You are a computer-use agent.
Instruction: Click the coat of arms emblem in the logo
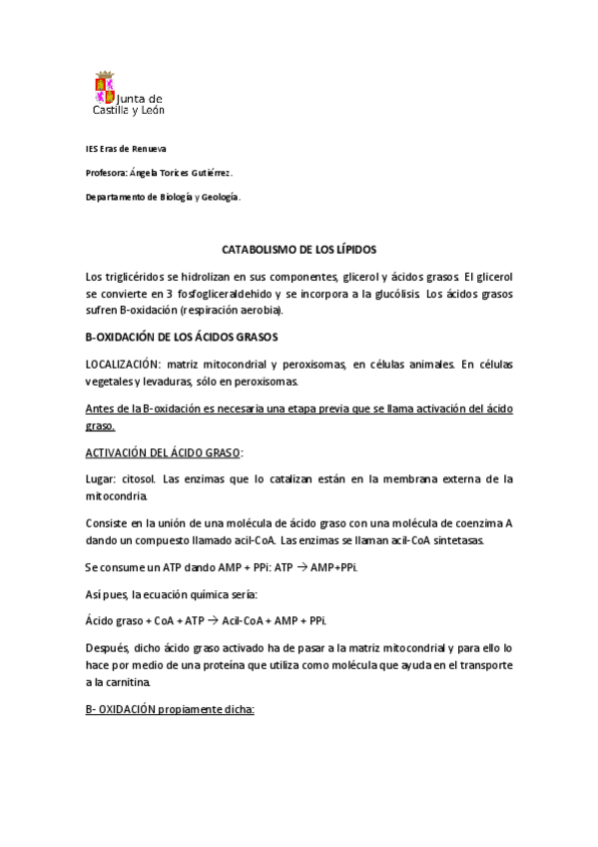click(x=105, y=88)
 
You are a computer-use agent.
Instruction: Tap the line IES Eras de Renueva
click(x=126, y=149)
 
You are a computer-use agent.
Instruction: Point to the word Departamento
click(x=115, y=198)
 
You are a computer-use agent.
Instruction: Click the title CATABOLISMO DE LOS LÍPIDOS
click(x=299, y=248)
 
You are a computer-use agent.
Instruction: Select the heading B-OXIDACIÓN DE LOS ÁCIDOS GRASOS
click(x=182, y=338)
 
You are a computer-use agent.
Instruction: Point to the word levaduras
click(x=167, y=383)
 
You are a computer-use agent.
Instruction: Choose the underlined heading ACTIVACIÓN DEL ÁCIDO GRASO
click(x=164, y=452)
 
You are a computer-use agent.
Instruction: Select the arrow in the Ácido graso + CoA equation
click(x=212, y=620)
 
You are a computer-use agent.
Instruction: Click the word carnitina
click(x=126, y=682)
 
